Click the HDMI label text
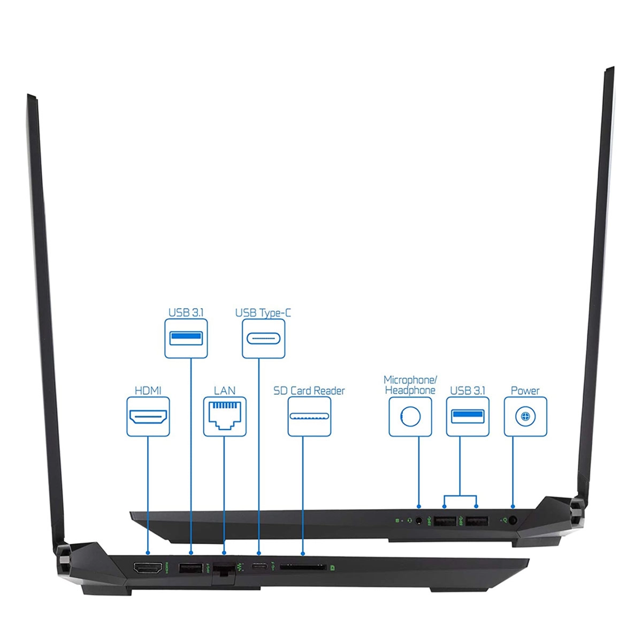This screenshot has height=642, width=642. coord(148,391)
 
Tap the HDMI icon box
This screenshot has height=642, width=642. coord(148,416)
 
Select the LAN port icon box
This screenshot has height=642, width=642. coord(225,416)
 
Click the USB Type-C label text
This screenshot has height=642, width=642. coord(263,312)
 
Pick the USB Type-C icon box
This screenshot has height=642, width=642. coord(263,339)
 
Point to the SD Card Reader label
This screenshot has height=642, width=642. coord(309,391)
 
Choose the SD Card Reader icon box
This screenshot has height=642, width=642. coord(309,416)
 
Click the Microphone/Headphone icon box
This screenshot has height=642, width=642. coord(410,416)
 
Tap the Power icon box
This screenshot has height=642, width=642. coord(525,416)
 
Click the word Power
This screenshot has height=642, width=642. coord(525,391)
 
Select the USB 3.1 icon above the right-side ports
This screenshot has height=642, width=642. coord(468,416)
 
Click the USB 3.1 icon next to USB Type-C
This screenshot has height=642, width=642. coord(186,338)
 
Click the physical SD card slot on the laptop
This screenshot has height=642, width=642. coord(303,568)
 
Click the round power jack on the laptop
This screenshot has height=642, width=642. coord(513,519)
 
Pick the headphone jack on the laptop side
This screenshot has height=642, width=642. coord(419,519)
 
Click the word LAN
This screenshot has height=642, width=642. coord(225,391)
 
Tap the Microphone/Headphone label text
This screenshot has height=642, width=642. coord(410,385)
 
